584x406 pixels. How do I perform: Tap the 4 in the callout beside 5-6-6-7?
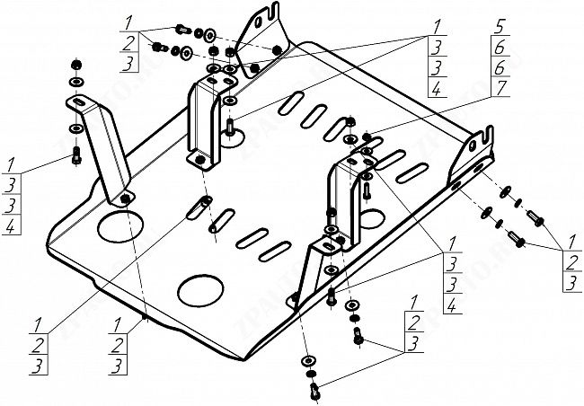(436, 90)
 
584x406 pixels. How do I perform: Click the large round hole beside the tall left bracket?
(116, 225)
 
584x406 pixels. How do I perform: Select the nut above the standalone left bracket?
(76, 65)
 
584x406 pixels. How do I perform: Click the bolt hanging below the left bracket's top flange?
(76, 154)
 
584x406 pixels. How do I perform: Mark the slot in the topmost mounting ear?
(265, 17)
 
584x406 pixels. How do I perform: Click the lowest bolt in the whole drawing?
(314, 391)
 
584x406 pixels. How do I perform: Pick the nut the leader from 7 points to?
(368, 138)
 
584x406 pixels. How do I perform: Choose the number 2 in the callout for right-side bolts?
(570, 263)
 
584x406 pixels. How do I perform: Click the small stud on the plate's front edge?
(145, 316)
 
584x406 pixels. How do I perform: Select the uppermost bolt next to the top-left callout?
(183, 28)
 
